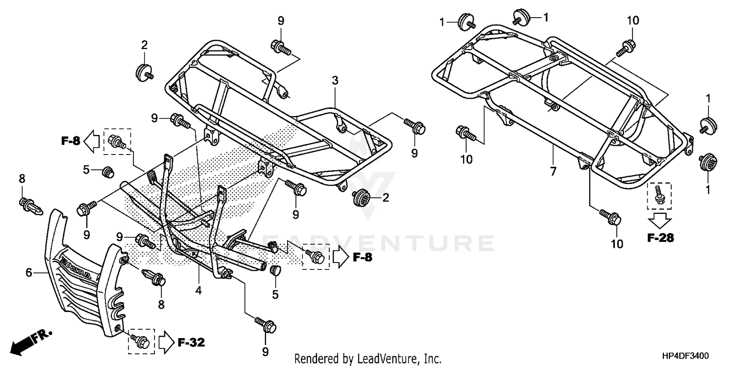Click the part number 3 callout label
click(335, 80)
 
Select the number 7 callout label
click(553, 171)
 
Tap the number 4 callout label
click(198, 290)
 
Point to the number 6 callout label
click(29, 272)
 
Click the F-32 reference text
click(191, 342)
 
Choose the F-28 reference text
click(660, 238)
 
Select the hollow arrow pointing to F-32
click(165, 342)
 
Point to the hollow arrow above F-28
click(660, 219)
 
